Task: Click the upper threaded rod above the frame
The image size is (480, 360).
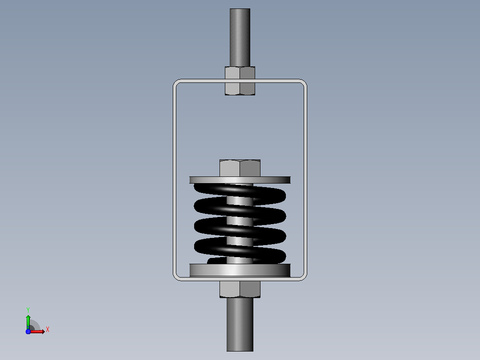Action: (x=240, y=37)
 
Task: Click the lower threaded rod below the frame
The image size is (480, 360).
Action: (x=240, y=324)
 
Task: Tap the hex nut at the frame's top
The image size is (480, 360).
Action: (x=240, y=81)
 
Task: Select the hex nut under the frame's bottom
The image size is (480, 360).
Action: (x=240, y=289)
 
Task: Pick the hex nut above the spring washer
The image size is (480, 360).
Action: (x=240, y=168)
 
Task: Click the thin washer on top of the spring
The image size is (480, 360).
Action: (x=240, y=180)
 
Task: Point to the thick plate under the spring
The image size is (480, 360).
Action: (x=240, y=270)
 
